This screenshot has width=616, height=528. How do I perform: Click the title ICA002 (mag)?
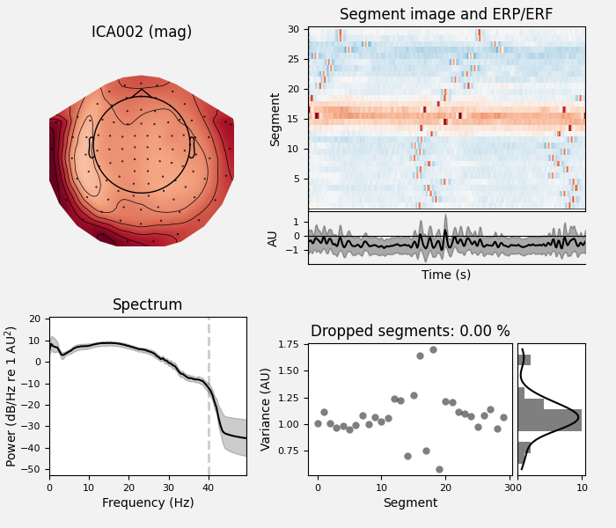coord(142,33)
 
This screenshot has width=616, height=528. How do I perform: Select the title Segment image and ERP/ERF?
coord(446,15)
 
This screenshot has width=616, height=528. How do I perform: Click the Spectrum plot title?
coord(147,305)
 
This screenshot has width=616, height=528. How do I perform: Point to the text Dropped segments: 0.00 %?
coord(410,332)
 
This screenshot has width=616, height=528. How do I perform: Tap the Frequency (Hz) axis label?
coord(147,503)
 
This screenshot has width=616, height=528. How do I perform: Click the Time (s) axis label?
coord(446,275)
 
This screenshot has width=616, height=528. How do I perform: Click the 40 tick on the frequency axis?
coord(208,487)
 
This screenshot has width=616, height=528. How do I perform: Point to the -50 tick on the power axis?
coord(36,469)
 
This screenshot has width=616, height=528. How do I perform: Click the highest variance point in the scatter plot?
coord(433,349)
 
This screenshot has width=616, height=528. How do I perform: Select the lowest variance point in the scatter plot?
coord(439,469)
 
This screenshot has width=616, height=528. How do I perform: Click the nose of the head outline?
coord(142,92)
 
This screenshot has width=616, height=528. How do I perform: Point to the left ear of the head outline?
coord(91,147)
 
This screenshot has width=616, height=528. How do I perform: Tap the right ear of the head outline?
coord(192,147)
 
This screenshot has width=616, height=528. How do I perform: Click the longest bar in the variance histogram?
coord(549,420)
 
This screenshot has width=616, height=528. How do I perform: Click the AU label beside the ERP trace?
coord(273,238)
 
